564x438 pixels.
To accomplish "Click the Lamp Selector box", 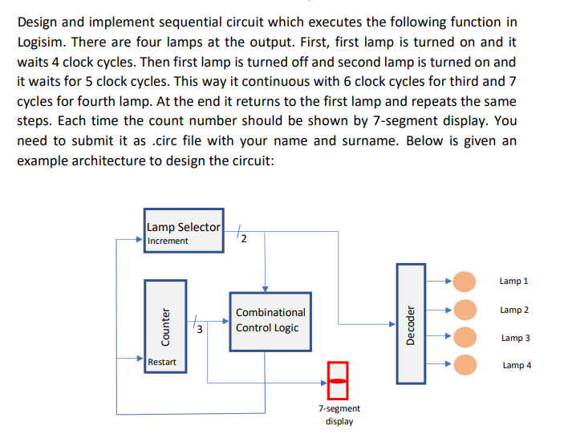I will (185, 233).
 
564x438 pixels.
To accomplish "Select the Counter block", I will (165, 326).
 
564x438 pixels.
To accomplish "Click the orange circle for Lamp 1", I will (464, 282).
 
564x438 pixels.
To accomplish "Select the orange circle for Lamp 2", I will (464, 310).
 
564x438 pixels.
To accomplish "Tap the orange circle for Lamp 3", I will (464, 338).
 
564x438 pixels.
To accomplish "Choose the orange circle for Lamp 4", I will (464, 365).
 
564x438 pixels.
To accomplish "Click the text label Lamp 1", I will (513, 282).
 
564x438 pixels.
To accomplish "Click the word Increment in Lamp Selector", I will (168, 241).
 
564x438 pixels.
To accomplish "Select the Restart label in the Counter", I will (162, 362).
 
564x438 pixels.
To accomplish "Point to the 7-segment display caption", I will (339, 415).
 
